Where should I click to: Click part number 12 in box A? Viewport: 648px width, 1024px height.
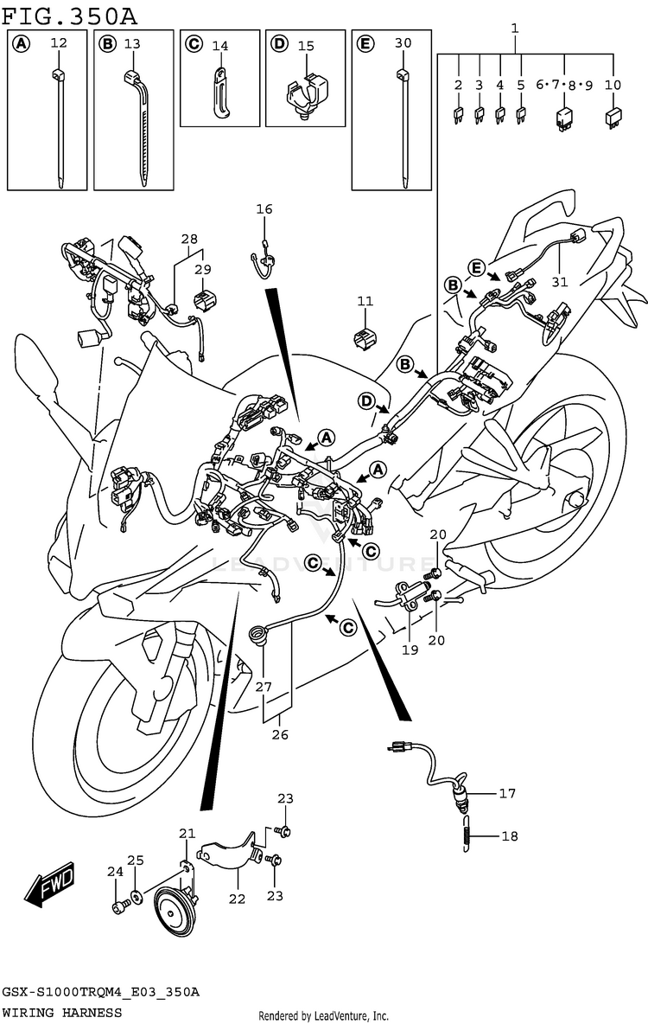(x=59, y=43)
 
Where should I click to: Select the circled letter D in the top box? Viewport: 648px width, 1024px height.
(x=279, y=44)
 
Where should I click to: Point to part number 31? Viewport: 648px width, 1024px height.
(x=560, y=282)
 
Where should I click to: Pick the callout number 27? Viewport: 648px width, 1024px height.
(x=263, y=687)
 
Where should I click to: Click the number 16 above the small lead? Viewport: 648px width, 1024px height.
(x=264, y=209)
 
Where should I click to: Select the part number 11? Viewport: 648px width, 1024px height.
(x=365, y=301)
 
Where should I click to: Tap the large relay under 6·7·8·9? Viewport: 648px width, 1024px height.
(x=563, y=118)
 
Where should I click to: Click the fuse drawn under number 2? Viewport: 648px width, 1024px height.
(x=458, y=116)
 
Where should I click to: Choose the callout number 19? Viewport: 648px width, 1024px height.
(x=410, y=650)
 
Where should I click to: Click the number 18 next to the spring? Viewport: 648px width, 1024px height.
(x=510, y=836)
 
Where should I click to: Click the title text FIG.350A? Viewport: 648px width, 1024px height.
(x=69, y=12)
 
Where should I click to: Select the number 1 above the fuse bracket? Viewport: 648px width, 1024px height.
(x=515, y=28)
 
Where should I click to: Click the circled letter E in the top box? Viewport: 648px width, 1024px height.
(x=365, y=44)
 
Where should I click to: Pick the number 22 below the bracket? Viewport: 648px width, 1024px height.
(x=237, y=899)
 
